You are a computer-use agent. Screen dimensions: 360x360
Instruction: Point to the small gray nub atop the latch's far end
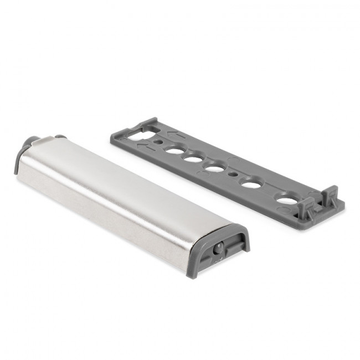pyautogui.click(x=60, y=136)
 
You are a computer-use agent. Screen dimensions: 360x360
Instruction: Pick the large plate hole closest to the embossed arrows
pyautogui.click(x=175, y=150)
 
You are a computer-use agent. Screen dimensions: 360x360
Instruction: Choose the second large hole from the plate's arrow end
pyautogui.click(x=193, y=159)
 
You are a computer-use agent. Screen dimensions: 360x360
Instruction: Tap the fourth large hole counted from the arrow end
pyautogui.click(x=252, y=183)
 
